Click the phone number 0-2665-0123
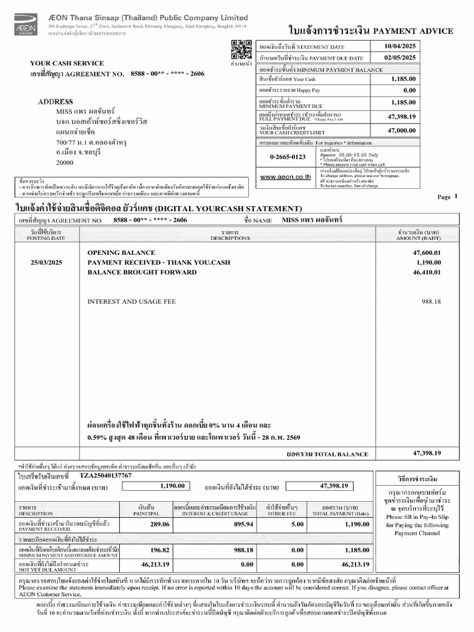[x=288, y=157]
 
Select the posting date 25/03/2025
[x=47, y=262]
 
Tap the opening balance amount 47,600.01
[x=426, y=253]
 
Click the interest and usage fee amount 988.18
[x=431, y=301]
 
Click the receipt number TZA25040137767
[x=106, y=476]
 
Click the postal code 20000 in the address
[x=64, y=162]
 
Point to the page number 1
[x=455, y=196]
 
